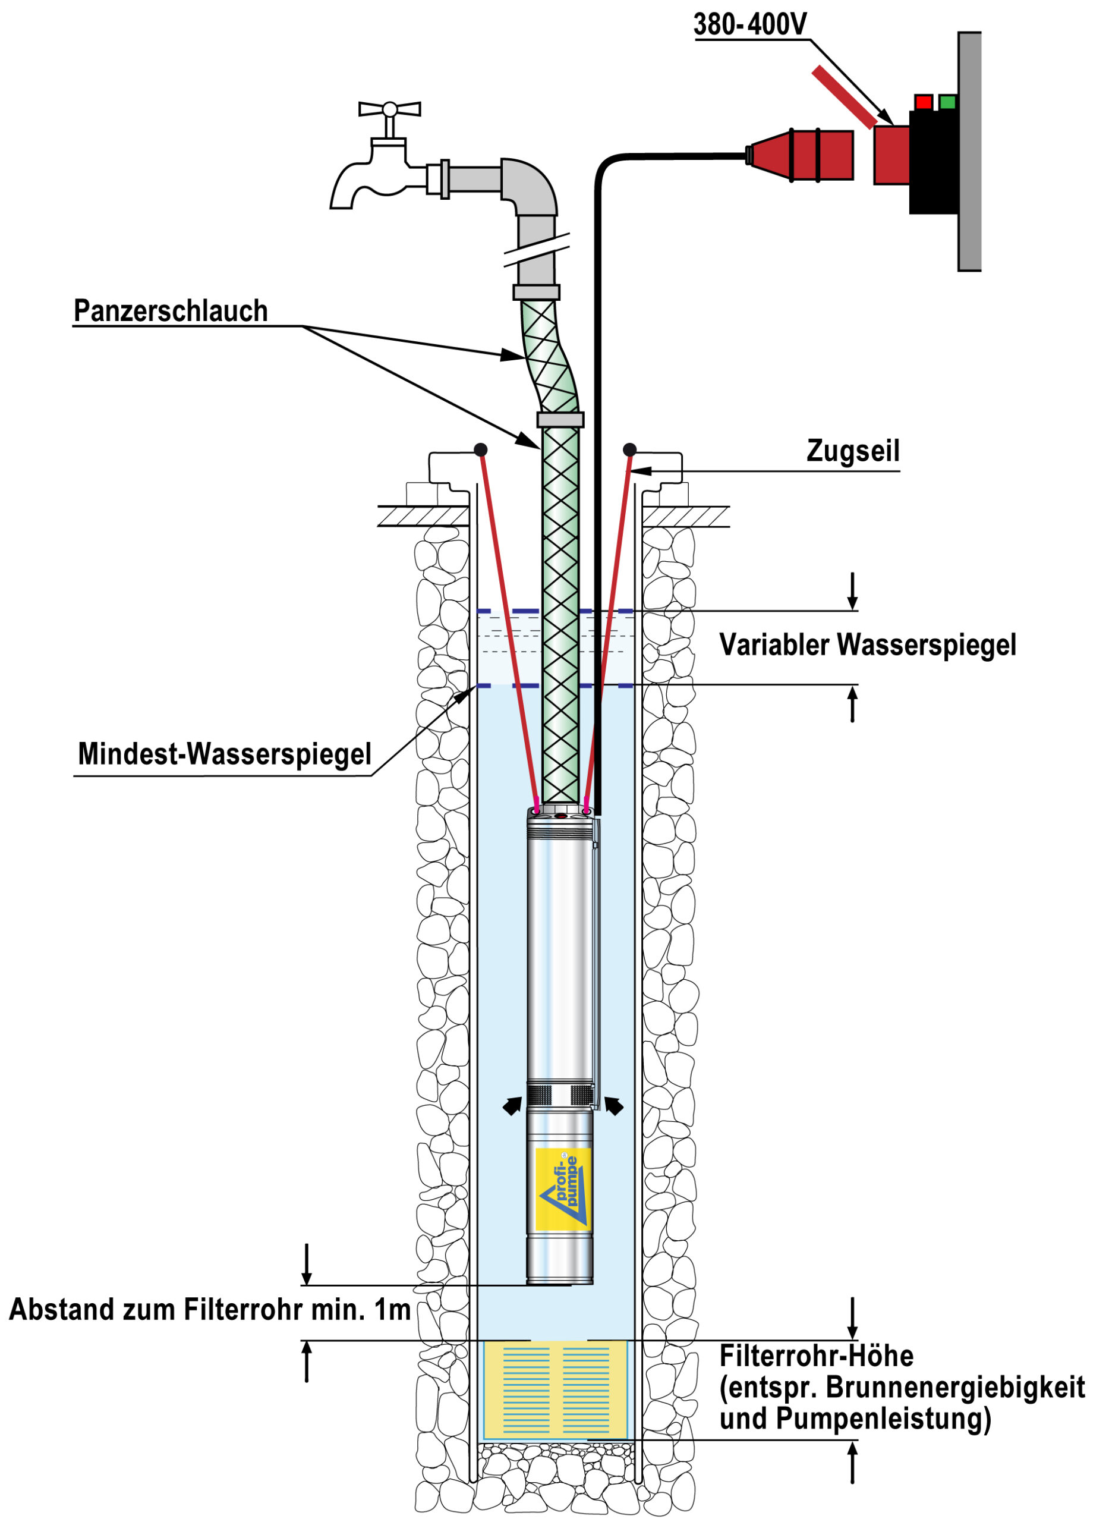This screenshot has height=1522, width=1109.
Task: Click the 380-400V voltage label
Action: tap(749, 25)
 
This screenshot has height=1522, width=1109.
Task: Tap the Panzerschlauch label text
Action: tap(171, 311)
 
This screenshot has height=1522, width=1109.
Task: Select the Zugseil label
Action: tap(853, 451)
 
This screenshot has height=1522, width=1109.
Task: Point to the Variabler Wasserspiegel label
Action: tap(867, 644)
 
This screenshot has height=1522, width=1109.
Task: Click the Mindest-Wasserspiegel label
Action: tap(224, 753)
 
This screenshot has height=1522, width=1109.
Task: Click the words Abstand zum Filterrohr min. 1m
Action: tap(209, 1309)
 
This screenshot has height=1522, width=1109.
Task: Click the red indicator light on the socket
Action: tap(924, 102)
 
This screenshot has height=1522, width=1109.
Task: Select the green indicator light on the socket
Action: tap(947, 102)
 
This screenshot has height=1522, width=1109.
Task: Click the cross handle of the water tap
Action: tap(389, 109)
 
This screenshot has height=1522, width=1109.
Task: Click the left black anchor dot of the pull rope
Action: tap(481, 449)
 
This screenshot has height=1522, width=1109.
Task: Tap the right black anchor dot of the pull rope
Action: tap(630, 449)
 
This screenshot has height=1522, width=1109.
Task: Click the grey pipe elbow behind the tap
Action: tap(530, 185)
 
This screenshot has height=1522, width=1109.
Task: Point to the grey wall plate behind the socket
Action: tap(969, 151)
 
